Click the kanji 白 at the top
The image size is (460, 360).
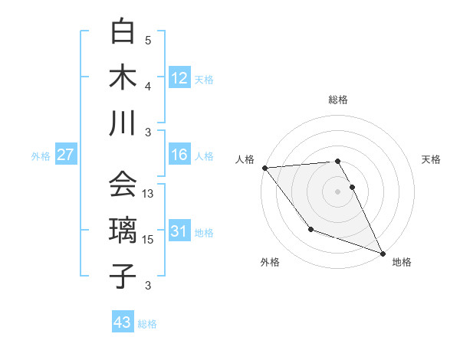(123, 31)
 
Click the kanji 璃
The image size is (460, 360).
(123, 231)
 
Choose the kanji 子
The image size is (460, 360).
(123, 276)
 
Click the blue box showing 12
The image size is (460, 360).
(179, 78)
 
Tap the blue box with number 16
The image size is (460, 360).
(179, 155)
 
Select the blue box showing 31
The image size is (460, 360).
(179, 232)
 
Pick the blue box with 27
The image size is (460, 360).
(65, 155)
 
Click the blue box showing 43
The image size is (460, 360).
(123, 322)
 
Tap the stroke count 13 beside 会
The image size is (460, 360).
(149, 195)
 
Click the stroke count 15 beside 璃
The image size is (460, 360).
(149, 241)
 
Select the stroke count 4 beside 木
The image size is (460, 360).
(148, 87)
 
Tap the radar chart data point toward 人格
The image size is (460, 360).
(264, 167)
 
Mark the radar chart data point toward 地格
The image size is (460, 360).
(383, 253)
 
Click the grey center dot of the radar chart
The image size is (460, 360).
(337, 191)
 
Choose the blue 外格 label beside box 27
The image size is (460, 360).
(41, 156)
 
